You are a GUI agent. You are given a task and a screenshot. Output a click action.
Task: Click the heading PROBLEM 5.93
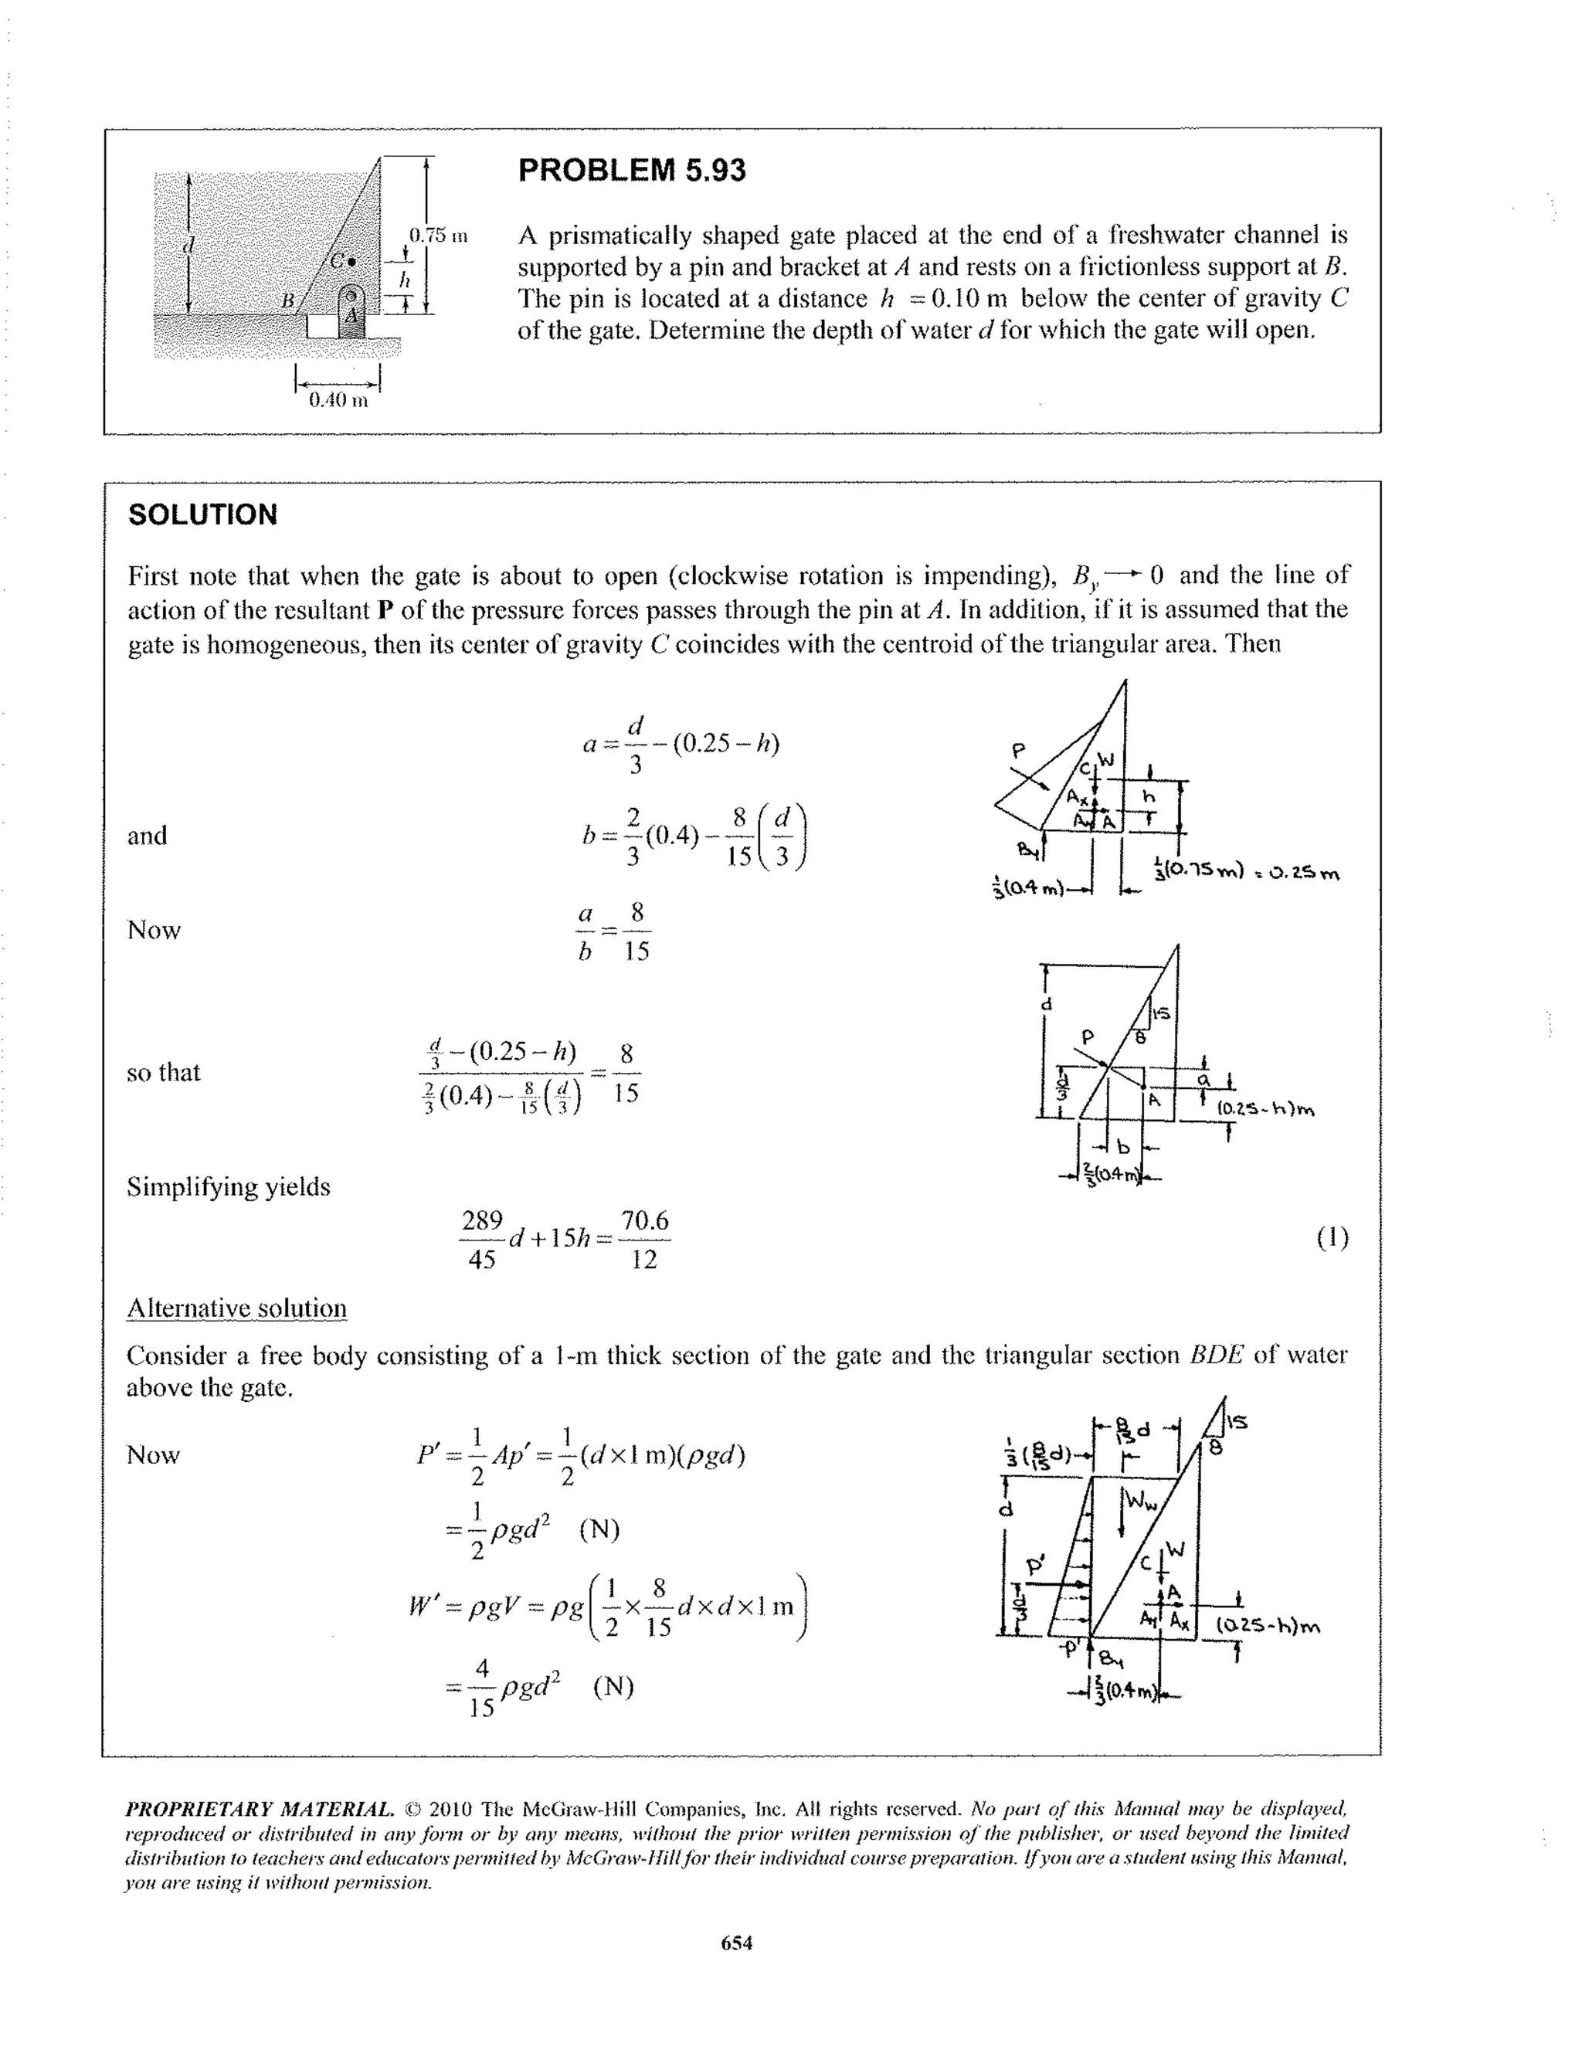pyautogui.click(x=632, y=170)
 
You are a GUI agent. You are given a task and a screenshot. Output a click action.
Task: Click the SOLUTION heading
pyautogui.click(x=202, y=514)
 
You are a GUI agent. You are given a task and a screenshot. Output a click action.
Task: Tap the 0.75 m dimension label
pyautogui.click(x=437, y=235)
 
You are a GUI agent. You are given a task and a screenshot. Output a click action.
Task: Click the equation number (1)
pyautogui.click(x=1332, y=1237)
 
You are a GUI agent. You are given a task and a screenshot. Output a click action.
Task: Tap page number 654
pyautogui.click(x=736, y=1942)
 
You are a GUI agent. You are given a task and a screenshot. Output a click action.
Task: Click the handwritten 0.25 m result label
pyautogui.click(x=1301, y=874)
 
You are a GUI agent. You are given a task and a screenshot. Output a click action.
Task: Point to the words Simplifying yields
pyautogui.click(x=229, y=1186)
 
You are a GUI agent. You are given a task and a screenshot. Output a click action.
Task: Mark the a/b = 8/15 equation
pyautogui.click(x=612, y=931)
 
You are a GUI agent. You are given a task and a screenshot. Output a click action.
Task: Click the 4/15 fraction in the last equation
pyautogui.click(x=481, y=1688)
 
